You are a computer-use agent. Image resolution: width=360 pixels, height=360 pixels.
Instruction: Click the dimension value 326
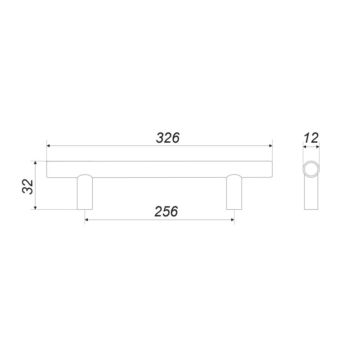click(x=167, y=138)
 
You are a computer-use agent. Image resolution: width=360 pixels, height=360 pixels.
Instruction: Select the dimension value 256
click(x=166, y=211)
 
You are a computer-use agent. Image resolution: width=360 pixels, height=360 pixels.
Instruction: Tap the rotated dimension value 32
click(x=28, y=187)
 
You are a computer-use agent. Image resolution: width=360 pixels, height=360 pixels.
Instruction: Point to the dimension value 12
click(x=311, y=138)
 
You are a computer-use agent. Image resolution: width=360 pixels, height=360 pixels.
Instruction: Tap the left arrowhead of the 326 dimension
click(x=49, y=146)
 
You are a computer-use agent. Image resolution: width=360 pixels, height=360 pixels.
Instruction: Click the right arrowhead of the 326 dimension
click(x=270, y=146)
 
